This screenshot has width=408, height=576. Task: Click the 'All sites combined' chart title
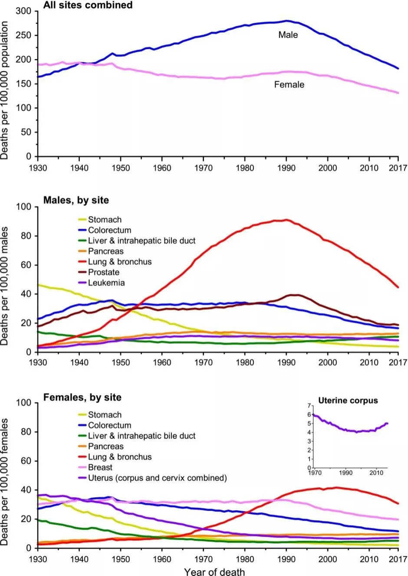click(x=88, y=5)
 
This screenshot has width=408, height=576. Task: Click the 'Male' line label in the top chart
click(x=288, y=35)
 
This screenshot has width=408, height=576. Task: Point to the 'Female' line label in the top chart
click(x=289, y=85)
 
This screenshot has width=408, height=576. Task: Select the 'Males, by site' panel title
click(x=76, y=200)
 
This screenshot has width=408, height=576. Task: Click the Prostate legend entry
click(x=103, y=273)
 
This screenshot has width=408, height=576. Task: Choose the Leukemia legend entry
click(x=106, y=283)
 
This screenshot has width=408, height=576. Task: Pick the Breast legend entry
click(x=100, y=468)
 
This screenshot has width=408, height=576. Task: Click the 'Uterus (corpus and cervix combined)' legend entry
click(x=157, y=478)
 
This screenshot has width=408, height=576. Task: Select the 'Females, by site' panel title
click(x=82, y=398)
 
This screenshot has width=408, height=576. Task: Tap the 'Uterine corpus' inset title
click(x=348, y=400)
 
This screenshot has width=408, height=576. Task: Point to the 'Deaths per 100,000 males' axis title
click(x=5, y=286)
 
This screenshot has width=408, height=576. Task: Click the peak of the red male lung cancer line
click(x=286, y=220)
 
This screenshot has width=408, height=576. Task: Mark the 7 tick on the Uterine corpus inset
click(x=309, y=406)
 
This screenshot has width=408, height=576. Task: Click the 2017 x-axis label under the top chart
click(x=398, y=168)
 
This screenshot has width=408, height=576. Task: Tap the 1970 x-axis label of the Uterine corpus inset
click(x=315, y=473)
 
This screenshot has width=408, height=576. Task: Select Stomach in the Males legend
click(x=105, y=220)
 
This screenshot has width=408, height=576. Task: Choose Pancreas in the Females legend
click(x=105, y=446)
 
